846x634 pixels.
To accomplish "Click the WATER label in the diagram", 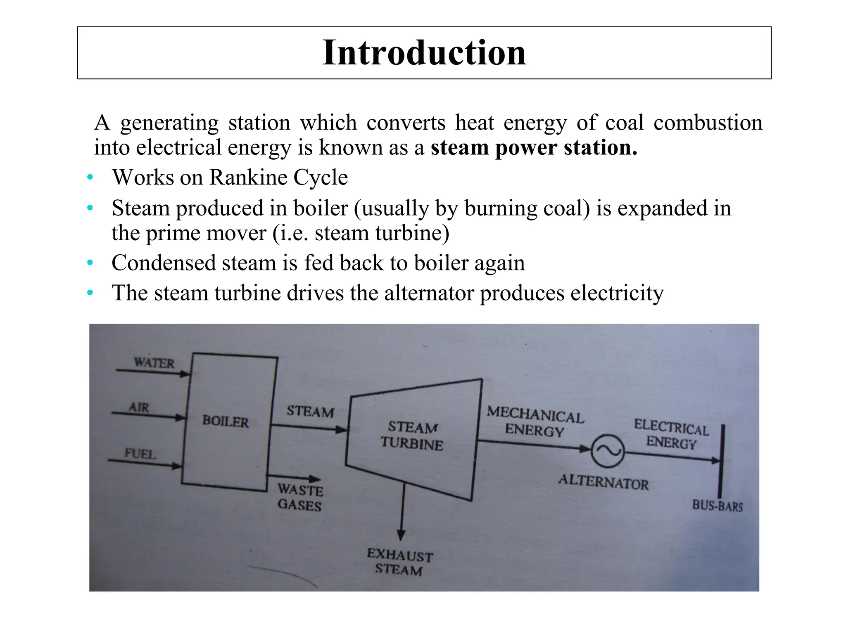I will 154,363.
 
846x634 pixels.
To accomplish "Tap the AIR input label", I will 139,407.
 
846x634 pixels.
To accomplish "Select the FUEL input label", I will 140,454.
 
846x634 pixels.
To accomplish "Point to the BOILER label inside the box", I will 226,421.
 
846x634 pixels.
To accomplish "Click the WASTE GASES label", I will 300,497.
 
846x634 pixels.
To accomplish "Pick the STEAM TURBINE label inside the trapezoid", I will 412,435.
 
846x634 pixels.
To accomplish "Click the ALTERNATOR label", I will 604,482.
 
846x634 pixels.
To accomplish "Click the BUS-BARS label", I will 718,506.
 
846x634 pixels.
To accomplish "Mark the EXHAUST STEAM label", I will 399,562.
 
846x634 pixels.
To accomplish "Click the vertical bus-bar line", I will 721,462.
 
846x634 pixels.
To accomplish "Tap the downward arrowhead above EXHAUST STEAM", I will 401,535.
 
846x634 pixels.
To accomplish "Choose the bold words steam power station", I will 534,148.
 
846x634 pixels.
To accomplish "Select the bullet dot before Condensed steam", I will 90,263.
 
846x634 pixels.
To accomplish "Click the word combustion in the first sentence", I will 708,123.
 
